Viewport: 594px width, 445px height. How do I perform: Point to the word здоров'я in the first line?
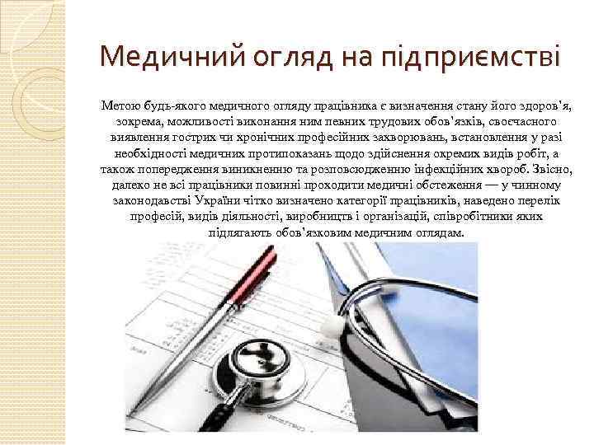547,106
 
